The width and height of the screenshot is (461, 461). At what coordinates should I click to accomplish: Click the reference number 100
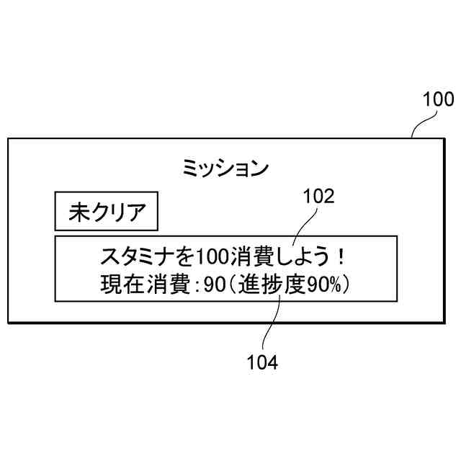coord(438,99)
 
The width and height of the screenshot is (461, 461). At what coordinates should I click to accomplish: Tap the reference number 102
coord(318,196)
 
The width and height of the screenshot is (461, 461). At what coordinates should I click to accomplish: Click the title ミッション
coord(225,169)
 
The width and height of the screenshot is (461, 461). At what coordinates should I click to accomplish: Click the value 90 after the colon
coord(215,285)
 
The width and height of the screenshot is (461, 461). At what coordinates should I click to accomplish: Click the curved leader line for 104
coord(269,328)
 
